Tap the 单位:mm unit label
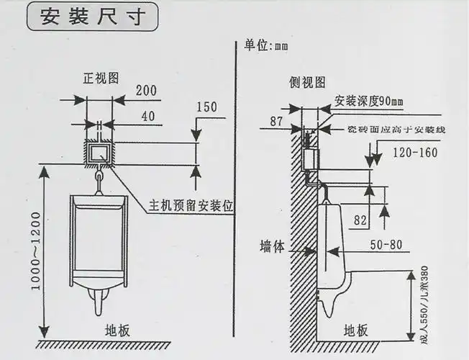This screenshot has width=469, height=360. [266, 45]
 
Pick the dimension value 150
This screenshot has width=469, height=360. [206, 107]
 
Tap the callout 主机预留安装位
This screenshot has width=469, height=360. [192, 204]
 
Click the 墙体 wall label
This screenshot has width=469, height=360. [273, 246]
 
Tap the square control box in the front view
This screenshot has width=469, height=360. [99, 152]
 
